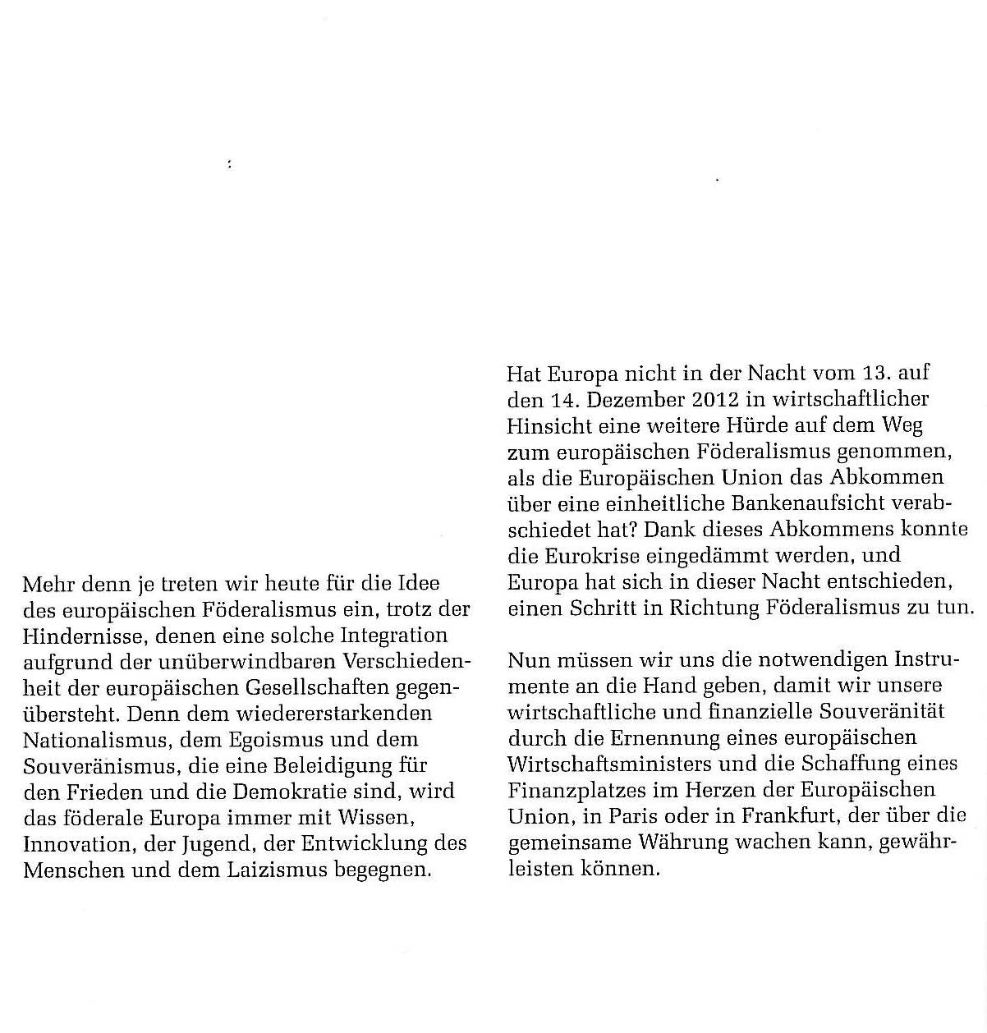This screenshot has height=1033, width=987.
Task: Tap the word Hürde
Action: click(755, 426)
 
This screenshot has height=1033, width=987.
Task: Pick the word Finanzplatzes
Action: click(576, 791)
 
